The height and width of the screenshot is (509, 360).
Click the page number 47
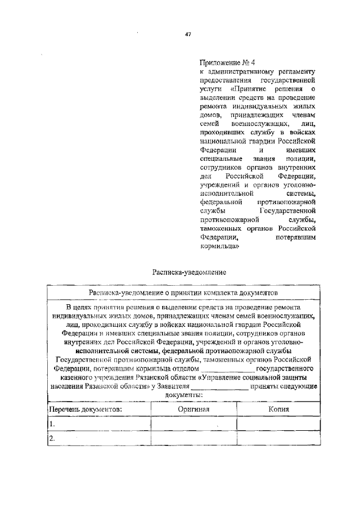point(188,34)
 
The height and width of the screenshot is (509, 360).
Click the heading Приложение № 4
point(223,62)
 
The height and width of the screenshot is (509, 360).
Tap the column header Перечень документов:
point(85,409)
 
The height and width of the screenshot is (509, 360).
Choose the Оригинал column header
point(193,409)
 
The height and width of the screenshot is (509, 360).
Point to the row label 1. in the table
point(52,424)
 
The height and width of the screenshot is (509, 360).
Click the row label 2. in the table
point(52,439)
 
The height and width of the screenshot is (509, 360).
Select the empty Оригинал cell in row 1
point(193,424)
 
